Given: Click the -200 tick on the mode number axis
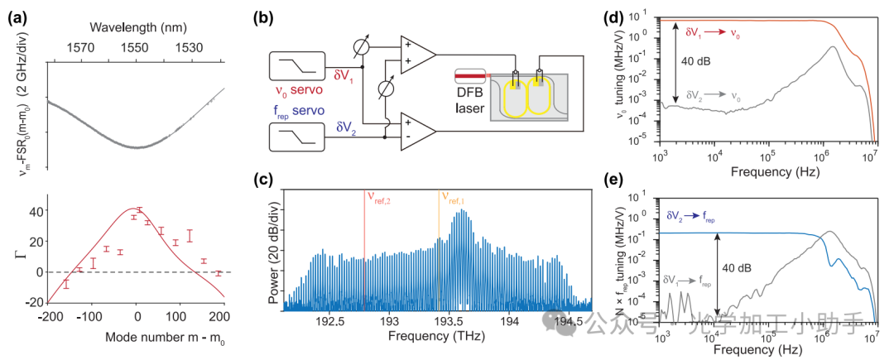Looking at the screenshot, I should (48, 317).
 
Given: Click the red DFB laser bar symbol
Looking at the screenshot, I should (472, 76).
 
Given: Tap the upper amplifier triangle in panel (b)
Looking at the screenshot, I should (416, 55).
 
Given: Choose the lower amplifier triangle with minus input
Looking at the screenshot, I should (416, 129).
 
